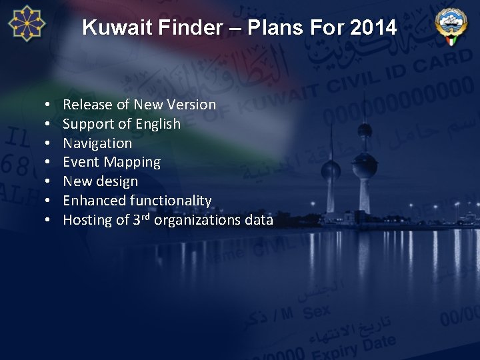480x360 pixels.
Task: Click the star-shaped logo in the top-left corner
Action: pos(27,23)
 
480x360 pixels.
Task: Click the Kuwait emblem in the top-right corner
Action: pos(451,26)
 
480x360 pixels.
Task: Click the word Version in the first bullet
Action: pos(192,105)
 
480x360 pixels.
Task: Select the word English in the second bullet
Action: pos(158,124)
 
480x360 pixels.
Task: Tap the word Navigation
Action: pos(97,143)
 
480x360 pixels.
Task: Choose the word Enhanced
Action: pos(95,201)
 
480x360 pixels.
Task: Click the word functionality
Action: pos(171,201)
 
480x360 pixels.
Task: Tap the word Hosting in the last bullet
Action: pos(87,220)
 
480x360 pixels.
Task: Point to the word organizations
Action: pos(196,220)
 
